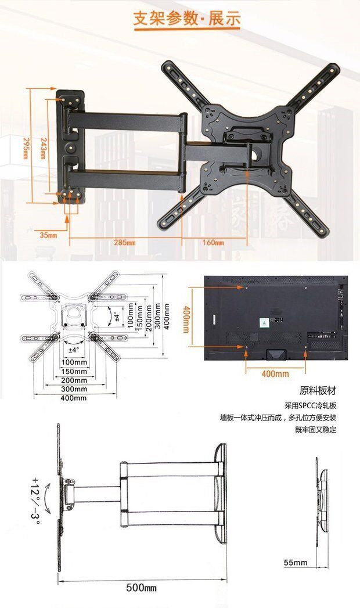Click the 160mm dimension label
pos(213,242)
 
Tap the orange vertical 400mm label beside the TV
pos(186,320)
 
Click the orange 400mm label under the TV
pos(275,374)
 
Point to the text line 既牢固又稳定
pos(315,430)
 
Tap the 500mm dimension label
pos(142,588)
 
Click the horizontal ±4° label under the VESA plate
pos(74,350)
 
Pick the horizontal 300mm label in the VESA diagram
pos(74,388)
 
